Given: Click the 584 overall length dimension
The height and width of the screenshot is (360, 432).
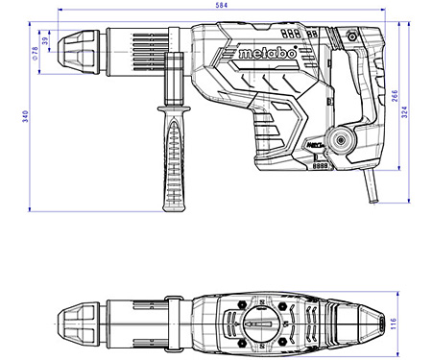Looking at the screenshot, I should pos(221,7).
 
